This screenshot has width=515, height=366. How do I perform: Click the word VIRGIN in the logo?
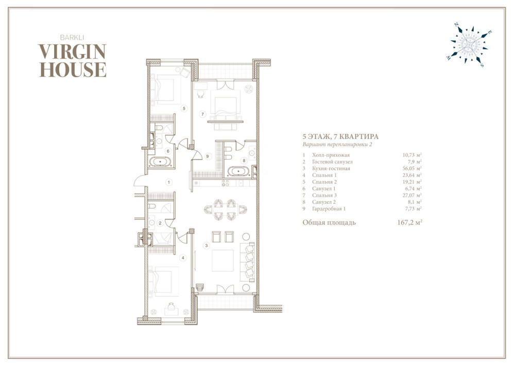tap(72, 52)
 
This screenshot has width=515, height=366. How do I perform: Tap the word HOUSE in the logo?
tap(73, 69)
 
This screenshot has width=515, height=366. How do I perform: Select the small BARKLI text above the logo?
tap(72, 38)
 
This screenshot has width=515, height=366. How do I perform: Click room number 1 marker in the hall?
tap(168, 182)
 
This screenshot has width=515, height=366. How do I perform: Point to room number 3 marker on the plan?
tap(207, 245)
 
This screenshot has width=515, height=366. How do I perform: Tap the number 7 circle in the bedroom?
tap(202, 114)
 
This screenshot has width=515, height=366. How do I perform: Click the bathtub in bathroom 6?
tap(160, 162)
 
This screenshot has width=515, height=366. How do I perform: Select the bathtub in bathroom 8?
tap(239, 171)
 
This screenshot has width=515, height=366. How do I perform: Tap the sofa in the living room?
tap(249, 262)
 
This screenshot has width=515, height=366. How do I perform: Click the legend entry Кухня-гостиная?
tap(331, 169)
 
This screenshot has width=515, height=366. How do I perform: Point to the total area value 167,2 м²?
tap(409, 222)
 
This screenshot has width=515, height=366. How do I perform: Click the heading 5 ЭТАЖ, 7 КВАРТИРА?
tap(340, 136)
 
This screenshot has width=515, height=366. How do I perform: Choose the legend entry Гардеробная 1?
tap(329, 209)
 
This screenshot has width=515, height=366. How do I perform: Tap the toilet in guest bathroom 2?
tap(151, 207)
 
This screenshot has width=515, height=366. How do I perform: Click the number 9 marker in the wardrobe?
tap(207, 156)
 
